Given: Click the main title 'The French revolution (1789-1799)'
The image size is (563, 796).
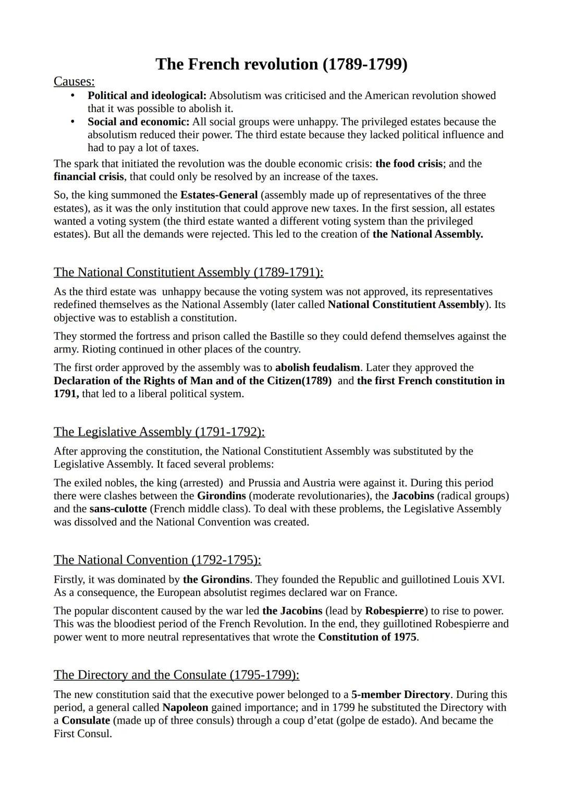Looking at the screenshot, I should click(x=281, y=64).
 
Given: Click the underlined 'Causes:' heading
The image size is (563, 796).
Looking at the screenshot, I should click(x=74, y=81).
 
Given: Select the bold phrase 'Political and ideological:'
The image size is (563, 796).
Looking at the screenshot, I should click(x=147, y=96).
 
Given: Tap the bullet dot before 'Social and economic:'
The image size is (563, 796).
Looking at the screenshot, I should click(x=73, y=122).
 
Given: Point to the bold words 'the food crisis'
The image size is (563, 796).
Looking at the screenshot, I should click(x=409, y=164).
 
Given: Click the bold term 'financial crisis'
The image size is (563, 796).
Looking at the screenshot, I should click(x=89, y=177).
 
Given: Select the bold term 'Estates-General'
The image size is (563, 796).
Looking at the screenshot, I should click(x=219, y=195).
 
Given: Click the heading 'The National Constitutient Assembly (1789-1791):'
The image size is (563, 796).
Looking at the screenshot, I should click(x=188, y=273).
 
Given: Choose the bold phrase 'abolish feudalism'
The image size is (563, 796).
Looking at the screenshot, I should click(x=317, y=368).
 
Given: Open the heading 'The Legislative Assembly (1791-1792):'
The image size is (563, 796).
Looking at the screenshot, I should click(x=159, y=432).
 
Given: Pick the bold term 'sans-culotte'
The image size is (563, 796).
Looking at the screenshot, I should click(x=118, y=509).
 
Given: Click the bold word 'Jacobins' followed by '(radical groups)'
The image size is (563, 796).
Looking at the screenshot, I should click(x=413, y=496).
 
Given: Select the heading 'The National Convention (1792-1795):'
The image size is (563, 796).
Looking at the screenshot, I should click(x=157, y=560).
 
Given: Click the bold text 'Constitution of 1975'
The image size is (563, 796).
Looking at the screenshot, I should click(x=368, y=637).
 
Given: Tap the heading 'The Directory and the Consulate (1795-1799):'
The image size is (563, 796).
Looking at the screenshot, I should click(x=176, y=675).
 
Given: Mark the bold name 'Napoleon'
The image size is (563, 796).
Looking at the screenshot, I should click(x=185, y=708).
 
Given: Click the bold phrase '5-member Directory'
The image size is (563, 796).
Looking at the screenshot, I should click(x=400, y=695).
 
